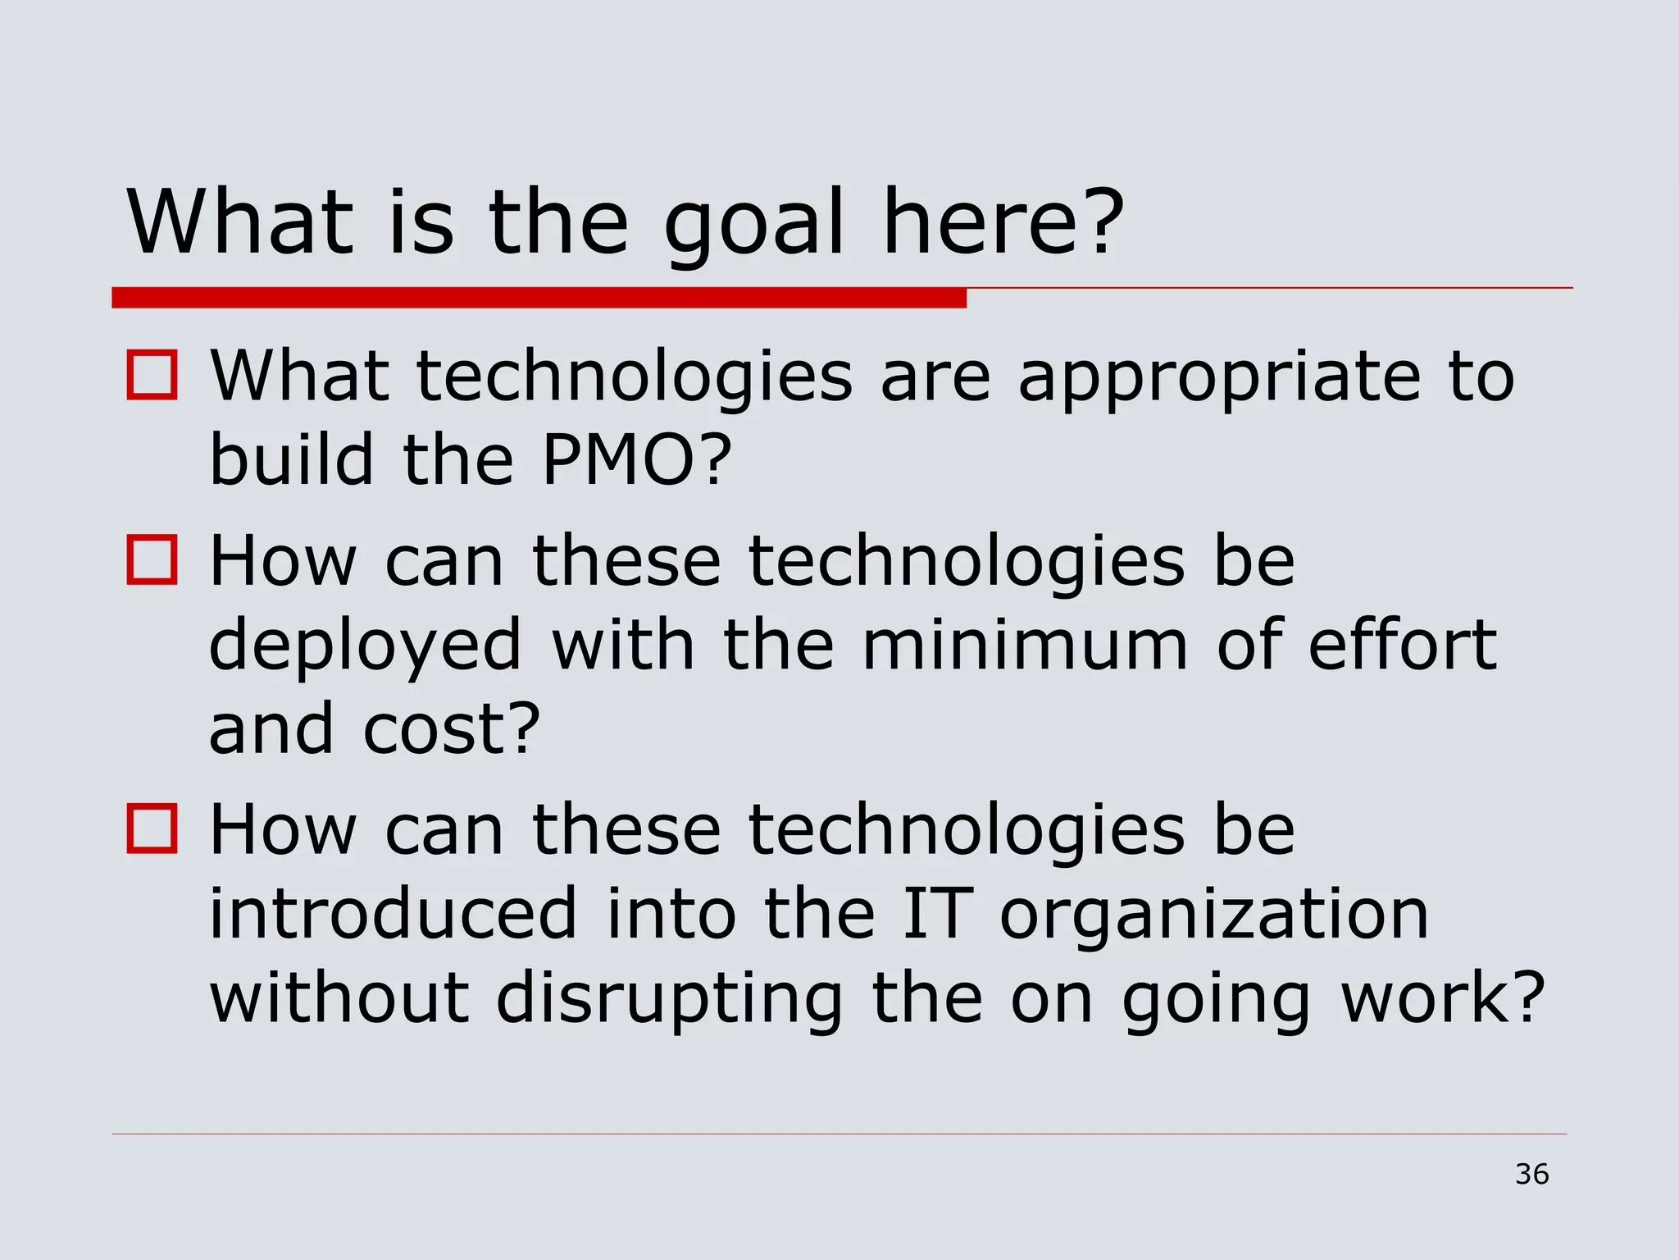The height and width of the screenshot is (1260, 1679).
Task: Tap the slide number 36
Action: [1531, 1174]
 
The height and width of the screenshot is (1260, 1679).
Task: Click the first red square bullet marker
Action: [152, 376]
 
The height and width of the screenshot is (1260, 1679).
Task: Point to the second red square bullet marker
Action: [152, 560]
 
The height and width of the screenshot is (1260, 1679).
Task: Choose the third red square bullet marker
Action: [152, 829]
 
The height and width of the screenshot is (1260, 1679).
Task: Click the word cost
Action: [451, 729]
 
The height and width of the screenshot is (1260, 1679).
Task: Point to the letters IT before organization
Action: [936, 914]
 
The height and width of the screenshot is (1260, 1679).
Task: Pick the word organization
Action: [1214, 915]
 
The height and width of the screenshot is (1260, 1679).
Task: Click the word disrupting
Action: [669, 1001]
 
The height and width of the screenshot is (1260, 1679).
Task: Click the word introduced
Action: [394, 914]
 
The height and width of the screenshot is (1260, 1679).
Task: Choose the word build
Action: [292, 459]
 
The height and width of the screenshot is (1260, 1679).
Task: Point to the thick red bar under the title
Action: [539, 298]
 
